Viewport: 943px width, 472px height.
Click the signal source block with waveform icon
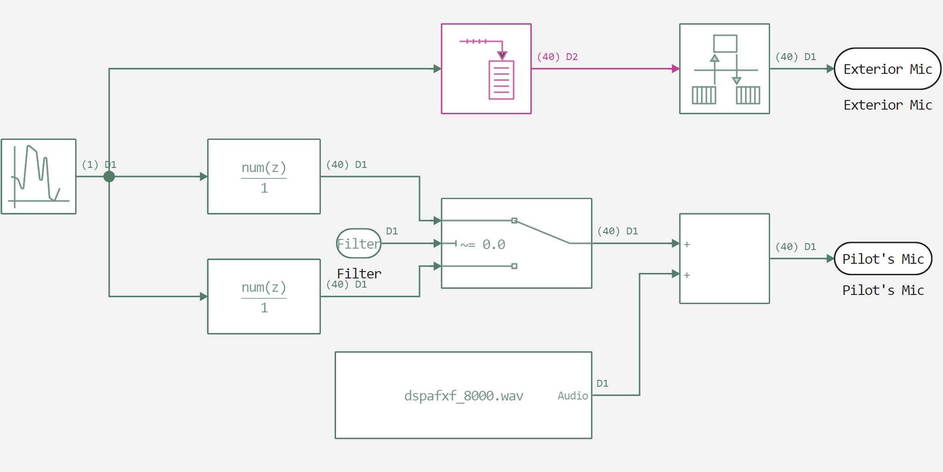click(39, 177)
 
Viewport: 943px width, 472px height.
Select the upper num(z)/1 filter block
click(264, 177)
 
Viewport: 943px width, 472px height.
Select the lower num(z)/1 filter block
click(264, 296)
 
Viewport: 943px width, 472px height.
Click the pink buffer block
click(486, 69)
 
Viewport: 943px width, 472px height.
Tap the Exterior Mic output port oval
click(887, 69)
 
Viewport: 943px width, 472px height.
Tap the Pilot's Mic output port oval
click(882, 259)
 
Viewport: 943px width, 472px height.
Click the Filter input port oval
click(358, 244)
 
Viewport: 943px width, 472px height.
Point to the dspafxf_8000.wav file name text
click(463, 396)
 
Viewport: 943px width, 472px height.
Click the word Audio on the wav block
click(573, 396)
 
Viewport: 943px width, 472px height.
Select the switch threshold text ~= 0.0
click(483, 244)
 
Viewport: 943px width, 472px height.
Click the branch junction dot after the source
click(109, 177)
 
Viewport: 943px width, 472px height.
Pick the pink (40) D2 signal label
click(557, 57)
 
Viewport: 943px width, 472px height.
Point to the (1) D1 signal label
click(99, 165)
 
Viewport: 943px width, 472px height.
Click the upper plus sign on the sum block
click(687, 244)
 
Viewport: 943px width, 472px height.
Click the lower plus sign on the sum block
click(687, 275)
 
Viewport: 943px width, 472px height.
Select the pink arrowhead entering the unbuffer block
click(676, 69)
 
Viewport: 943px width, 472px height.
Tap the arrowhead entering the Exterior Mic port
click(830, 69)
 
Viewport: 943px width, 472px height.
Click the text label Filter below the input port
click(359, 274)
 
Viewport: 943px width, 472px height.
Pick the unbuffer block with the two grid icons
click(724, 69)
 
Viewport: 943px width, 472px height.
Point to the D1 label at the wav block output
click(602, 383)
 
